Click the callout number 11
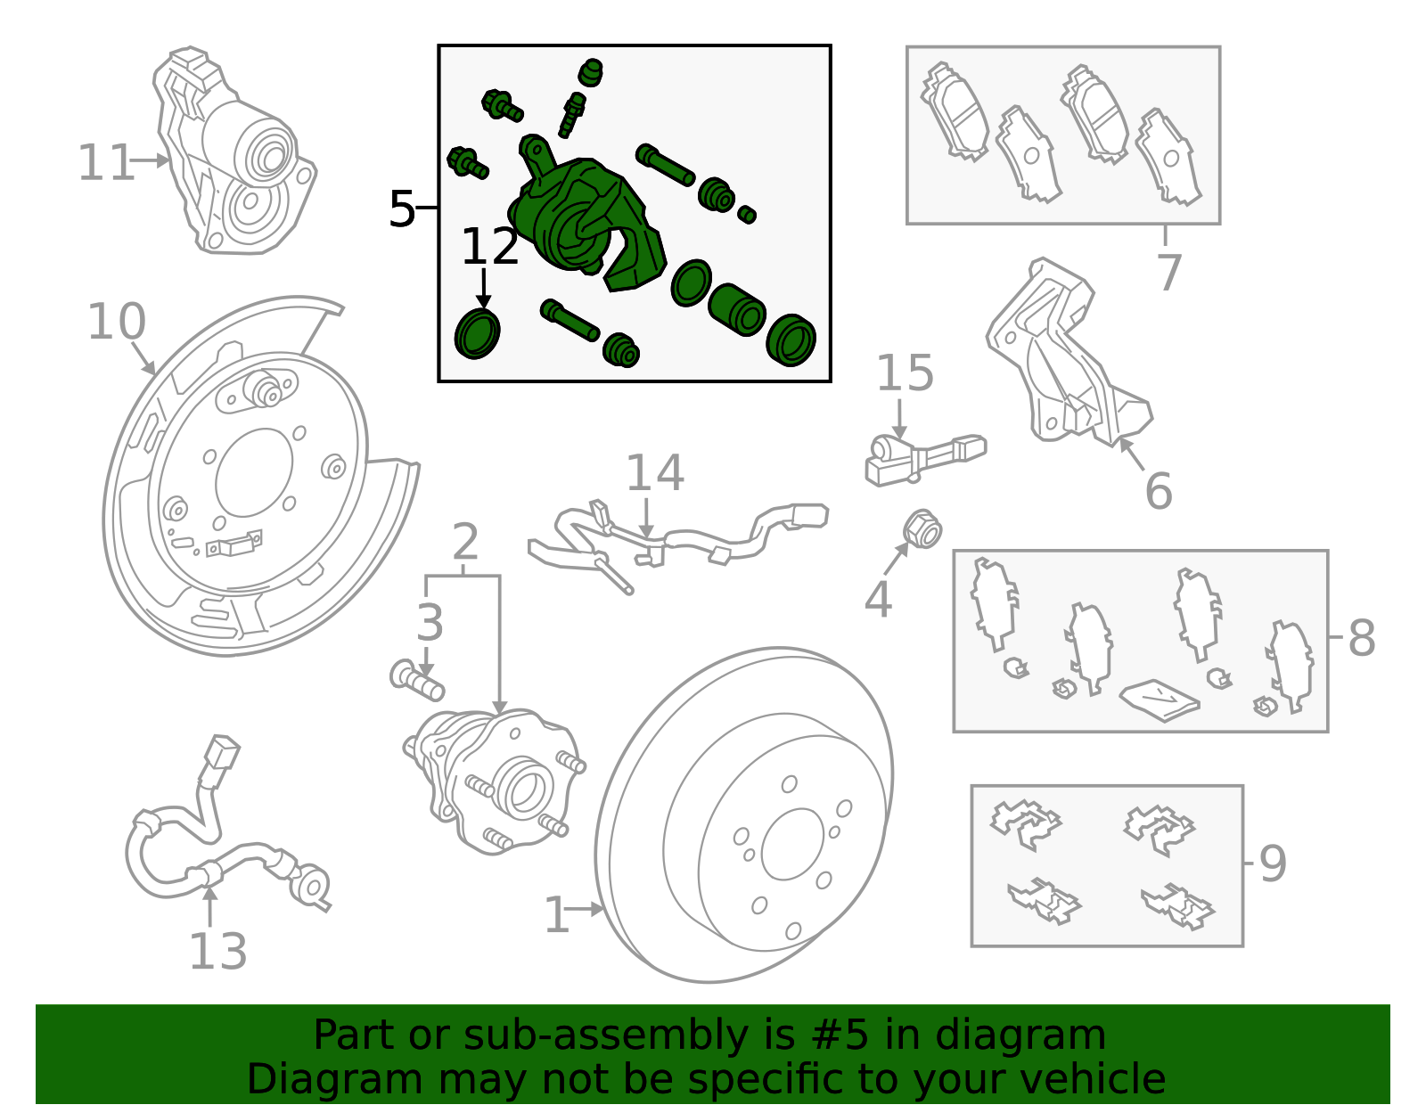106,163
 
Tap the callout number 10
116,322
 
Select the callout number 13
217,951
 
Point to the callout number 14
655,472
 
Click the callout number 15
905,372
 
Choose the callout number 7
1168,272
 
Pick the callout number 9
1273,863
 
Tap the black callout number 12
490,246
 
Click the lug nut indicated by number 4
922,529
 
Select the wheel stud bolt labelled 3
417,681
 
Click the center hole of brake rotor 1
792,844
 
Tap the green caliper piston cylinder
737,309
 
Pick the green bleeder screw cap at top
591,73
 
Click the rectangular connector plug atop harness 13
223,751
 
